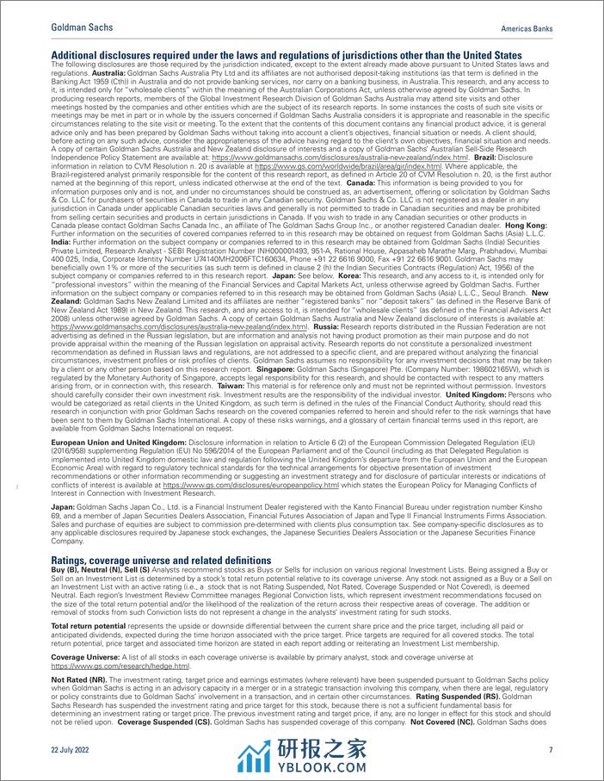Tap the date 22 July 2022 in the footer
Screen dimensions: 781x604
tap(71, 750)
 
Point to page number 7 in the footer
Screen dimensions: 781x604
tap(550, 750)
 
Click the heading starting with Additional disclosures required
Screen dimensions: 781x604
tap(286, 56)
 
